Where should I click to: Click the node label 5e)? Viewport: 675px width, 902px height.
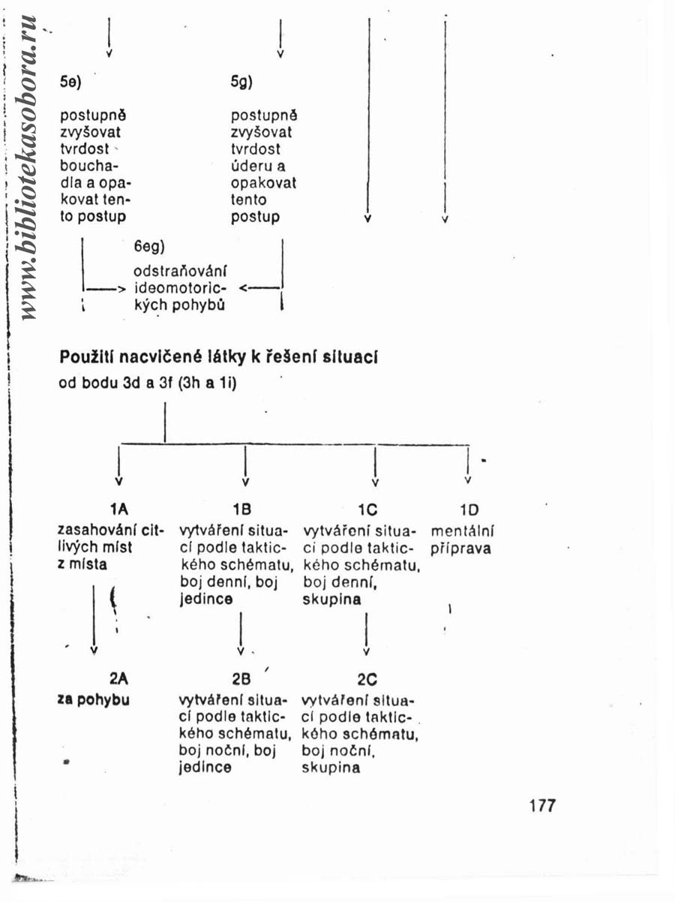pyautogui.click(x=70, y=83)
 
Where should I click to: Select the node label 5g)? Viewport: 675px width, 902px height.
pyautogui.click(x=241, y=83)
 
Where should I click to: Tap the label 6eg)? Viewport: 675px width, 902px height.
pyautogui.click(x=149, y=247)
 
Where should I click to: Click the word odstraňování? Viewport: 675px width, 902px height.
pyautogui.click(x=180, y=271)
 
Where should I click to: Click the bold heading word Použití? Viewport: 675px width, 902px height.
pyautogui.click(x=87, y=357)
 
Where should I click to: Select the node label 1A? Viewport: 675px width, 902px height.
pyautogui.click(x=119, y=510)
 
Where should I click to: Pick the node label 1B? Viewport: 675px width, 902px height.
pyautogui.click(x=241, y=510)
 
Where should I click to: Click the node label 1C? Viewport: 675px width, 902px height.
pyautogui.click(x=367, y=510)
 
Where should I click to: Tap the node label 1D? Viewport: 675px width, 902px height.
pyautogui.click(x=469, y=510)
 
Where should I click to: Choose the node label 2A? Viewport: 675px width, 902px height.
pyautogui.click(x=118, y=679)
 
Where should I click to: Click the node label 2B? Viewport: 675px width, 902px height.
pyautogui.click(x=241, y=679)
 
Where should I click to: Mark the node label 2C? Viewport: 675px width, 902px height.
pyautogui.click(x=367, y=680)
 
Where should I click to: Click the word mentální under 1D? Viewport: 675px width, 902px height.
pyautogui.click(x=462, y=531)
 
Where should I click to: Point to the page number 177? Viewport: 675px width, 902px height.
pyautogui.click(x=542, y=806)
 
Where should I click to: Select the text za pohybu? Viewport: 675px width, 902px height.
pyautogui.click(x=94, y=700)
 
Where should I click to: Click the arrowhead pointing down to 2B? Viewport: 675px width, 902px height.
pyautogui.click(x=241, y=651)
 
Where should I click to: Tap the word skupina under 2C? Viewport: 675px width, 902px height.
pyautogui.click(x=331, y=768)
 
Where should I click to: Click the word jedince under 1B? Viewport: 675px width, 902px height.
pyautogui.click(x=206, y=599)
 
